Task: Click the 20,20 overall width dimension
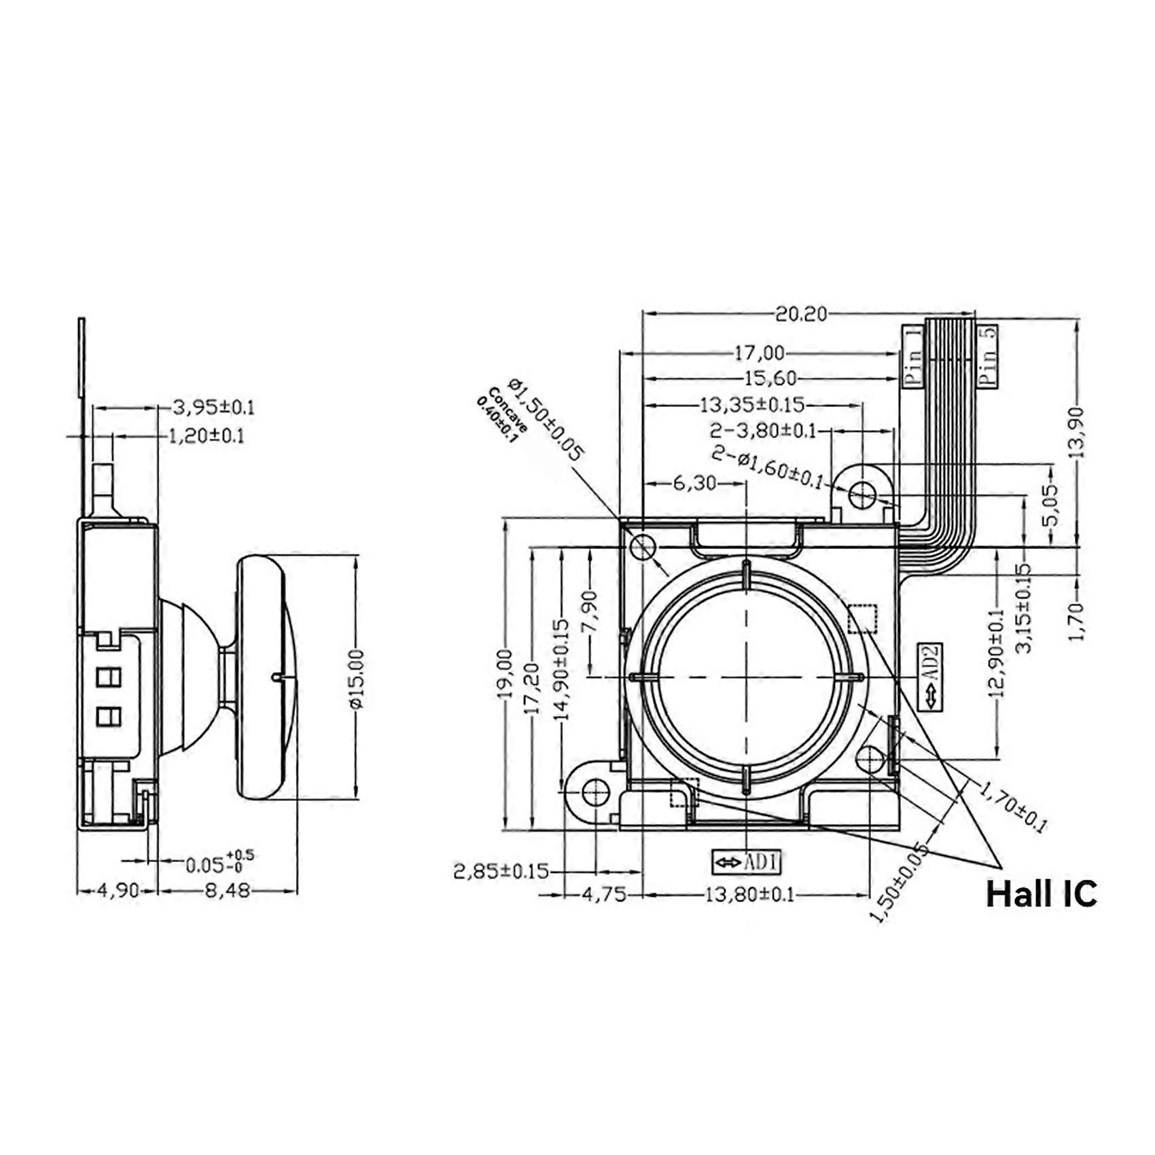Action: coord(802,314)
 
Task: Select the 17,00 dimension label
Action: coord(759,353)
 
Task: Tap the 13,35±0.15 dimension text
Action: coord(752,405)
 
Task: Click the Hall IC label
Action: coord(1041,893)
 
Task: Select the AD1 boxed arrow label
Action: coord(747,862)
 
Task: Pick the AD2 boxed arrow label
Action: coord(930,676)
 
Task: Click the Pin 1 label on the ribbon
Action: coord(913,356)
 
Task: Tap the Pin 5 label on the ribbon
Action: coord(988,356)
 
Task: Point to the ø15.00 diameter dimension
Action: coord(357,679)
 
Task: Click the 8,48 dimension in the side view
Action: coord(227,890)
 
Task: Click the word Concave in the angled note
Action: coord(508,411)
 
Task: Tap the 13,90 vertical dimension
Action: coord(1077,432)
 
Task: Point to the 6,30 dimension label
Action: coord(695,483)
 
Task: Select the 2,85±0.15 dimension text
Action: coord(501,871)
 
